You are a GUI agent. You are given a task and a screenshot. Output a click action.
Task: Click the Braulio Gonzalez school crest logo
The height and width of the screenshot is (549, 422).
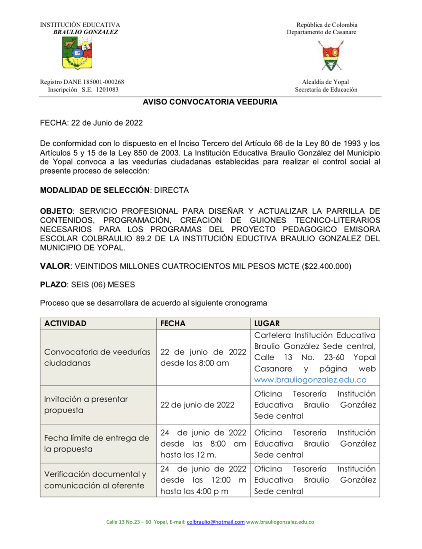tap(77, 54)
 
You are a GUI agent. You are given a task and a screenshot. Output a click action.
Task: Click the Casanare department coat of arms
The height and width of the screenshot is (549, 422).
tap(330, 56)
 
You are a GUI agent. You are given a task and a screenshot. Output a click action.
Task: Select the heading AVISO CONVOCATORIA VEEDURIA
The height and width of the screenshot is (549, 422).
tap(210, 102)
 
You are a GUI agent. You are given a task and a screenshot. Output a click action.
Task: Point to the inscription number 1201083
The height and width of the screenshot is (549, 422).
tap(107, 89)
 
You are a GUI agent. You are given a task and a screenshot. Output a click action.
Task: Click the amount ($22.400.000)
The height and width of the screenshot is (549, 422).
tap(326, 267)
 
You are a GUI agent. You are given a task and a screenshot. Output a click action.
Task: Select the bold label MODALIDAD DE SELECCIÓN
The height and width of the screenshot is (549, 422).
tap(94, 190)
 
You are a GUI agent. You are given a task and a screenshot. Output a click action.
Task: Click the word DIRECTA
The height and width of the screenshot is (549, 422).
tap(171, 190)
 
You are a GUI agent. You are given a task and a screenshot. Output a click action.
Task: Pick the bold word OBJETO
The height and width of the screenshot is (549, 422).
tap(56, 211)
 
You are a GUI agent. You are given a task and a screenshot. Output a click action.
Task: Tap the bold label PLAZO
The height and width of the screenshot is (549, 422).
tap(54, 285)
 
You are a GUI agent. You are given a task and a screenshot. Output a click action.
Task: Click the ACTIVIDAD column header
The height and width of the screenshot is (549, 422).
tap(65, 324)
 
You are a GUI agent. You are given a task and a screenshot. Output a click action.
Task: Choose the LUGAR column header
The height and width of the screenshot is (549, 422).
tap(267, 324)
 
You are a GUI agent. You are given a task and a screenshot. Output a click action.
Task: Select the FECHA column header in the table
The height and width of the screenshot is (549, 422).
tap(173, 324)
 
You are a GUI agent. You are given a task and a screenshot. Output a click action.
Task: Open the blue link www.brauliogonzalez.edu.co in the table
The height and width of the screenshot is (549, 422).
tap(310, 380)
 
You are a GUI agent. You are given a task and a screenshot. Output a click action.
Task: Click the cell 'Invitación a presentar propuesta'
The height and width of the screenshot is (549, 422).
tap(86, 405)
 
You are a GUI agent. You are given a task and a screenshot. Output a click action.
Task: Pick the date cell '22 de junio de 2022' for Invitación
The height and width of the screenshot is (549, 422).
tap(197, 405)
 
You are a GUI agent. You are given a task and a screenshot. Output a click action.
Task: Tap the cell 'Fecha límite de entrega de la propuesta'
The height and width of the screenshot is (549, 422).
tap(96, 444)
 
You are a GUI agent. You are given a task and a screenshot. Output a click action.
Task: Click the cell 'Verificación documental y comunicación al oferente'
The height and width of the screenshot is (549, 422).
tap(95, 480)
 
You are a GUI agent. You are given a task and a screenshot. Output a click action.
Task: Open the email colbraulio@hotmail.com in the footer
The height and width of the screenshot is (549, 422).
tap(216, 522)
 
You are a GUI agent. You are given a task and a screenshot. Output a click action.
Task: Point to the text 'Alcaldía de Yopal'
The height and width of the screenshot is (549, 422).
tap(325, 82)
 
